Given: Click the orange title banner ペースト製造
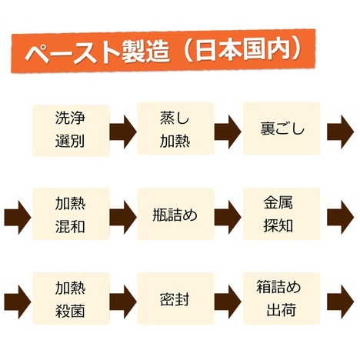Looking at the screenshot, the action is click(x=163, y=51).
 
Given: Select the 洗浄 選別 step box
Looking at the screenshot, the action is click(x=71, y=130).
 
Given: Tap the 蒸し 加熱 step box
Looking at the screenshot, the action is click(x=175, y=128).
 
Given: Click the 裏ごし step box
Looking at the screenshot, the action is click(x=282, y=128).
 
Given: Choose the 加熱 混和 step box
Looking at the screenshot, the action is click(x=71, y=214).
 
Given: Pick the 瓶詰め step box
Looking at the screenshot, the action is click(x=175, y=214).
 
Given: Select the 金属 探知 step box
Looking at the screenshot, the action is click(x=282, y=214).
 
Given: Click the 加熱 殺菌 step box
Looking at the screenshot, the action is click(x=71, y=298).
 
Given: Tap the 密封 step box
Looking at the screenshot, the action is click(x=175, y=298).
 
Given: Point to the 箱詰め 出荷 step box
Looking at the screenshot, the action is click(x=282, y=298).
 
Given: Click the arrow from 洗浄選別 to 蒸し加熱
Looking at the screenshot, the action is click(x=123, y=132).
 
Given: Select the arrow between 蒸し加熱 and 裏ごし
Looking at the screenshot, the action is click(x=228, y=132).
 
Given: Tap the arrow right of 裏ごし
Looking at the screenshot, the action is click(x=341, y=132).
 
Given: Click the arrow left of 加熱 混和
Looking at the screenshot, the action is click(x=18, y=218).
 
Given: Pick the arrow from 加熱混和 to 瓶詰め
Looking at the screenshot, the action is click(x=123, y=218).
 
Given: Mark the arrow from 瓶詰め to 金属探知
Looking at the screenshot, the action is click(x=228, y=218).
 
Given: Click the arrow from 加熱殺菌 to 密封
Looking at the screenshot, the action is click(x=123, y=302).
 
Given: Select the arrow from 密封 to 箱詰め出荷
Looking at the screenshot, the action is click(x=228, y=302).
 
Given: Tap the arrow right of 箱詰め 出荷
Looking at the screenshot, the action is click(x=341, y=302).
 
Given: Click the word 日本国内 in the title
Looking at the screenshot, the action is click(x=242, y=50).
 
